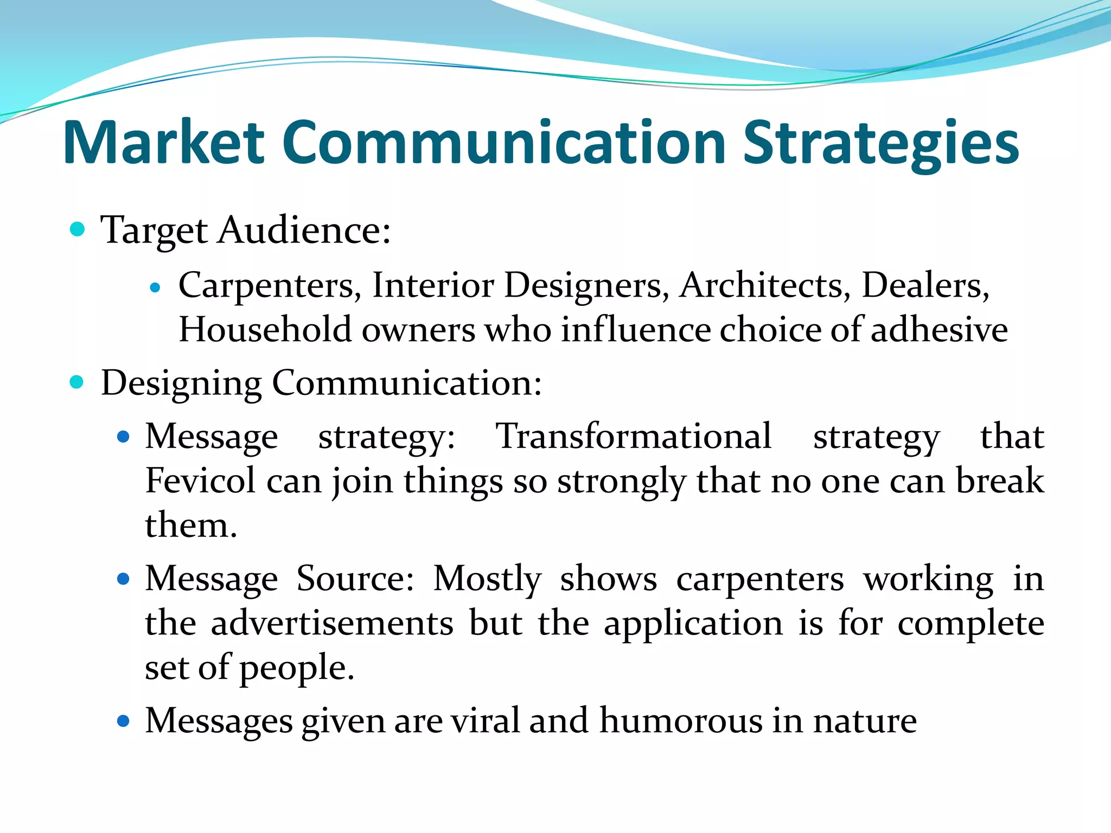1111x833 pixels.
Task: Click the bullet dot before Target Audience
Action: tap(78, 229)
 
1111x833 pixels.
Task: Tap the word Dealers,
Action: tap(925, 285)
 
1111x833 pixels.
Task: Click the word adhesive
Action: tap(939, 329)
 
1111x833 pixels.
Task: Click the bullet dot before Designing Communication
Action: tap(78, 382)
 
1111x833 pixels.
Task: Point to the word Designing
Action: tap(181, 384)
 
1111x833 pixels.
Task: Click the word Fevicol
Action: tap(200, 480)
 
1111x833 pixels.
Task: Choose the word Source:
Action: tap(355, 579)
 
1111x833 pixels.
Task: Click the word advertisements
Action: tap(332, 623)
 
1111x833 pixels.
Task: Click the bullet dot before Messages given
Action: tap(124, 721)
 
